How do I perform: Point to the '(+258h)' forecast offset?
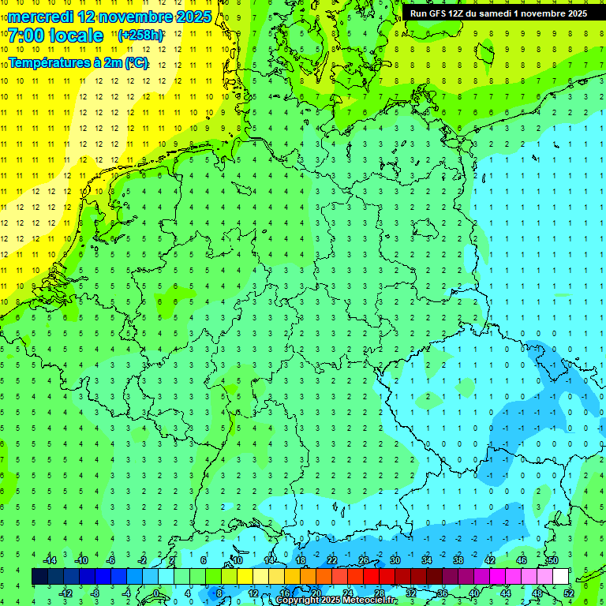[x=140, y=36]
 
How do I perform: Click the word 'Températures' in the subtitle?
[x=47, y=63]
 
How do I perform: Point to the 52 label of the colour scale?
[x=569, y=593]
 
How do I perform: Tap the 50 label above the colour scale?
[x=552, y=560]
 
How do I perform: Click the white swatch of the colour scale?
[x=561, y=577]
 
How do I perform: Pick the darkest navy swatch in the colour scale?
[x=39, y=577]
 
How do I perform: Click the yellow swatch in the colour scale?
[x=245, y=577]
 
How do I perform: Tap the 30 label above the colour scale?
[x=395, y=560]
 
